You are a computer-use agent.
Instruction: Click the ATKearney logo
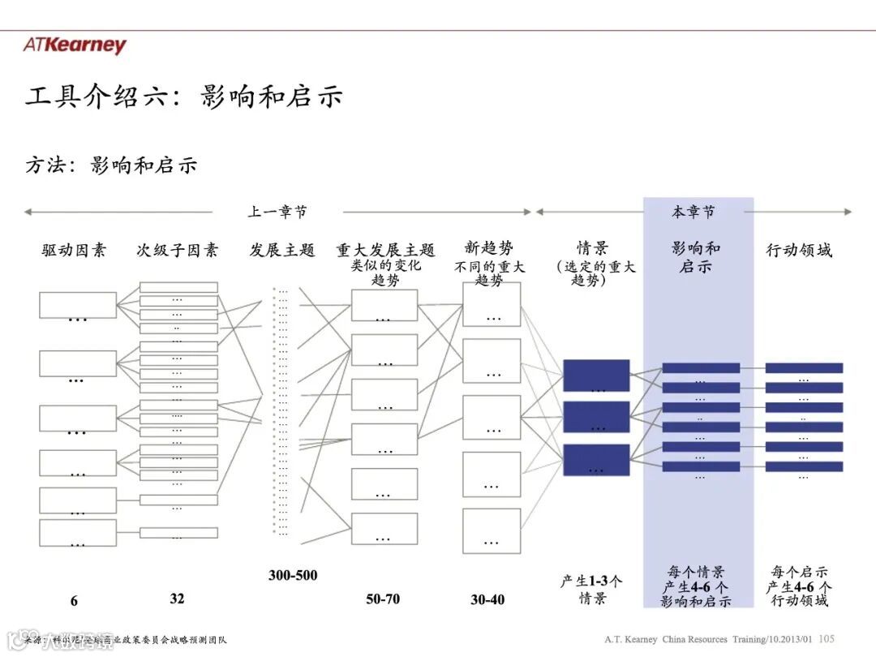(x=75, y=45)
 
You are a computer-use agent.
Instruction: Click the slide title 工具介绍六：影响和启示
(x=184, y=97)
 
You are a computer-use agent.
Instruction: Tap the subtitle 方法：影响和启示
(x=111, y=165)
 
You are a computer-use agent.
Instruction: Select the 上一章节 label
(x=277, y=212)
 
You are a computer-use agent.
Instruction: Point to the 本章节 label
(x=693, y=212)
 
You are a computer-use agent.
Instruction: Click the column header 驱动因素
(x=74, y=250)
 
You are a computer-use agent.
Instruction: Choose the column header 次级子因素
(x=177, y=250)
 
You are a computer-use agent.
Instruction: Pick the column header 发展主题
(x=281, y=250)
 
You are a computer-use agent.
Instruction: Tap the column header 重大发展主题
(x=386, y=250)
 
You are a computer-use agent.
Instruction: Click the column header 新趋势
(x=489, y=247)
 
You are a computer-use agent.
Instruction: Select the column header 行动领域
(x=799, y=250)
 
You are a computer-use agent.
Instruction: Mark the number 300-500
(x=293, y=575)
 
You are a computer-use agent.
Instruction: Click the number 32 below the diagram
(x=177, y=598)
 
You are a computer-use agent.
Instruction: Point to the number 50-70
(x=383, y=599)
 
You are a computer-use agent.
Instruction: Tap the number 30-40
(x=487, y=599)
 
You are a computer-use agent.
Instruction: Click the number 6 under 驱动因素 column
(x=74, y=601)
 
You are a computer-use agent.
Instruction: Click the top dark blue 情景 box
(x=596, y=375)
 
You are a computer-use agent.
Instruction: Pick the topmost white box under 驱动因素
(x=77, y=304)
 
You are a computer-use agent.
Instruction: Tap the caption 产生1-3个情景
(x=592, y=590)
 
